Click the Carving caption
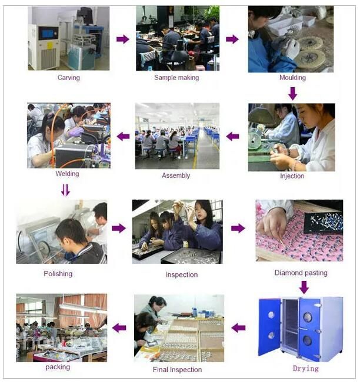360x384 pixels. pos(68,78)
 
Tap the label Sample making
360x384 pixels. pos(176,78)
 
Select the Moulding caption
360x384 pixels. pos(292,78)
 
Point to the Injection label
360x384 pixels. pos(292,176)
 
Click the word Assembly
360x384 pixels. pos(176,176)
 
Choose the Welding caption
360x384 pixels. pos(67,174)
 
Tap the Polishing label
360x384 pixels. pos(58,273)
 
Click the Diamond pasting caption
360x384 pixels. pos(301,273)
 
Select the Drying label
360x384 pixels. pos(306,369)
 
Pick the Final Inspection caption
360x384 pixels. pos(177,369)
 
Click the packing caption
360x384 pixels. pos(58,367)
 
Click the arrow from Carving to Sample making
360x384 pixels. pos(122,39)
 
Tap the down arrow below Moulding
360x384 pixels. pos(293,94)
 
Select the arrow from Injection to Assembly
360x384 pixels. pos(232,137)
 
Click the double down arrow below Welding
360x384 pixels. pos(65,190)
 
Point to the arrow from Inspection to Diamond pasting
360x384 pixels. pos(238,229)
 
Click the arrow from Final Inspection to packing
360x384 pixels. pos(119,327)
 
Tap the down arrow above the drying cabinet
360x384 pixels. pos(304,287)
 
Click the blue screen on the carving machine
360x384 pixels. pos(47,34)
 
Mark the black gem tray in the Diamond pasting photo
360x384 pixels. pos(323,223)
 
